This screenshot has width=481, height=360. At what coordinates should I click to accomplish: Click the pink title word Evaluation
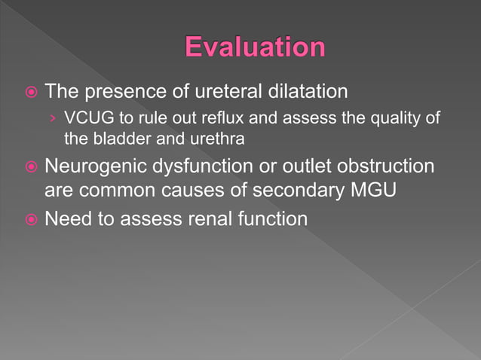(x=255, y=47)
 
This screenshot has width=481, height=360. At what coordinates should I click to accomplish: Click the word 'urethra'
(x=219, y=139)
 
